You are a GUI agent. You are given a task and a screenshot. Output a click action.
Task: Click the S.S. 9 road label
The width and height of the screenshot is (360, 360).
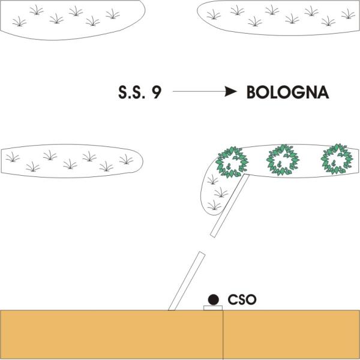tap(139, 92)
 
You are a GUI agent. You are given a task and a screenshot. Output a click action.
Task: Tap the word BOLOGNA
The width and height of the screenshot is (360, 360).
tap(287, 92)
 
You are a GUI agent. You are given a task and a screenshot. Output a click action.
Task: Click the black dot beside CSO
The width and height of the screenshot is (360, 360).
tap(212, 299)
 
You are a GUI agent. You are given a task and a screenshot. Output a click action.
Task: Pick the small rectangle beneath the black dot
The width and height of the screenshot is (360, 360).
tap(213, 308)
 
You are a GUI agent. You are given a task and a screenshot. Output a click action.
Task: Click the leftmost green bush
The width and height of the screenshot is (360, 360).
tap(231, 161)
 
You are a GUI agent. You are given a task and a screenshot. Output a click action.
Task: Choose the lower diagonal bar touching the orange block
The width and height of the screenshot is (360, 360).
tap(186, 281)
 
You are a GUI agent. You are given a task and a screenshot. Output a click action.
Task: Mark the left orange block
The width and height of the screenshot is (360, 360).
tap(112, 334)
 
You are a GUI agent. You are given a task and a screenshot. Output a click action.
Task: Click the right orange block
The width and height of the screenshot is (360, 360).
tap(292, 334)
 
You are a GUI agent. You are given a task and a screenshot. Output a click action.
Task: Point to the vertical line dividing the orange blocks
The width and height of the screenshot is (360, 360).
tap(223, 334)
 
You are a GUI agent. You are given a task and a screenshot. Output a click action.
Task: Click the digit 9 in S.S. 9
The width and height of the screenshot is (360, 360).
tap(155, 92)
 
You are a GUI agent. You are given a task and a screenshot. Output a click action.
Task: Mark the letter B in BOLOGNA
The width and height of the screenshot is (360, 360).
tap(252, 92)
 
